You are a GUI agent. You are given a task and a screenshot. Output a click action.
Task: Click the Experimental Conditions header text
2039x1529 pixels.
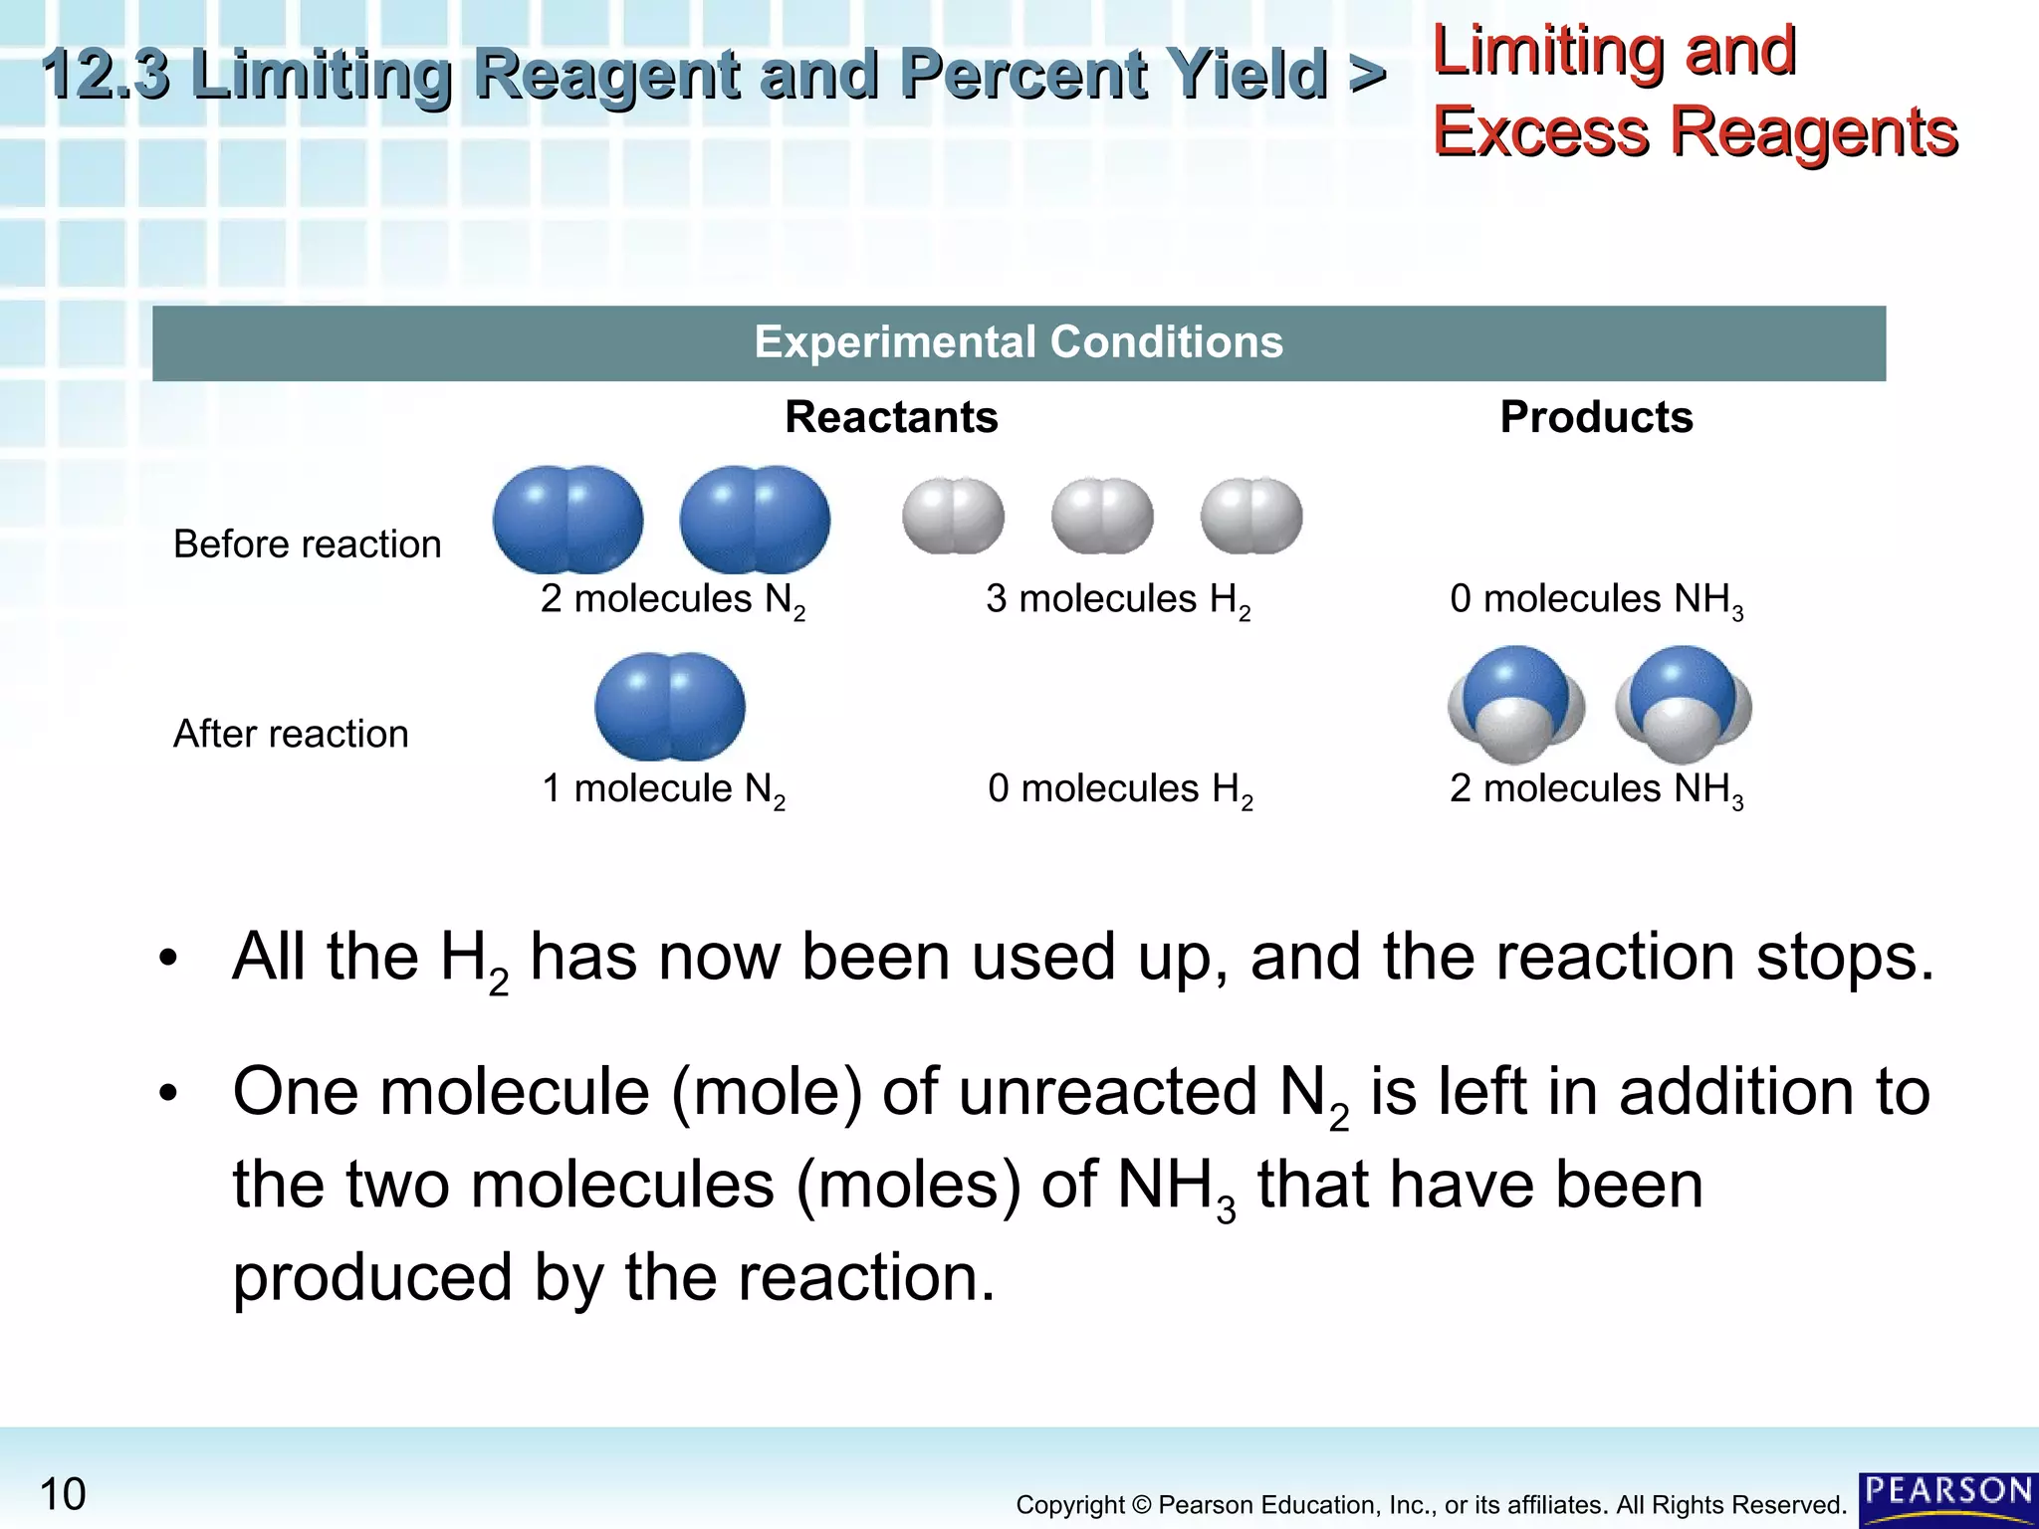point(1019,342)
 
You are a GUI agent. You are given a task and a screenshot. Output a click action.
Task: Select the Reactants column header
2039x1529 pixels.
point(891,417)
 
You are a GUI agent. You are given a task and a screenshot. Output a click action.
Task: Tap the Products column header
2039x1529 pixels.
point(1596,417)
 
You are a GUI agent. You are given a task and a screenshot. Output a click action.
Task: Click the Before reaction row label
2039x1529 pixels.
point(307,545)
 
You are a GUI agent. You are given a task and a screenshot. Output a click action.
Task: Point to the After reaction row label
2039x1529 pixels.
point(291,734)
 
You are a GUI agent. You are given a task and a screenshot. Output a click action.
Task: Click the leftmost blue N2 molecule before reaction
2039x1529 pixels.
point(567,519)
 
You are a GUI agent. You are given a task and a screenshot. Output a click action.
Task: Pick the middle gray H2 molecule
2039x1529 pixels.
point(1102,516)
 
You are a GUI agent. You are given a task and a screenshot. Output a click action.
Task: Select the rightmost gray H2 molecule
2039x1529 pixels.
point(1251,516)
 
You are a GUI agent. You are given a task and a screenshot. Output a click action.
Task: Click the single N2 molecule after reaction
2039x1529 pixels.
point(669,706)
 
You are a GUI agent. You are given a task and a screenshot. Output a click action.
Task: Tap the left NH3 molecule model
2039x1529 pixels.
point(1515,705)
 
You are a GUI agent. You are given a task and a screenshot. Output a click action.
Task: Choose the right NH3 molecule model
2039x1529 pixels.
point(1683,705)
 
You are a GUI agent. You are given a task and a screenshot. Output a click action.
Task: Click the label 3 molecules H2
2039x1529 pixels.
point(1117,600)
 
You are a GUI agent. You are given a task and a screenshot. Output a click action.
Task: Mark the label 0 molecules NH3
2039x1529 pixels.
point(1596,600)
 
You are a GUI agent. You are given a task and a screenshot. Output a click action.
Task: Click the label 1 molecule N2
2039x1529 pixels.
point(663,789)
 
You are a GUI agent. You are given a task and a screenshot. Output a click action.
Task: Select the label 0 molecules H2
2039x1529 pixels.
point(1119,789)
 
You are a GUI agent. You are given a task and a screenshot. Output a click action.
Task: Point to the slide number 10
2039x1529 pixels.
point(63,1494)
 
